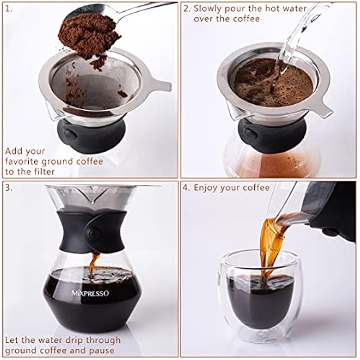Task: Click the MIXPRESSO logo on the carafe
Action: (x=90, y=293)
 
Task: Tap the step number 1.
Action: (x=9, y=9)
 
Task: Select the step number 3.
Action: (x=9, y=188)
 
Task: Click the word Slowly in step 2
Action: (x=207, y=9)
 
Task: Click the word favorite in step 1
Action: (x=22, y=161)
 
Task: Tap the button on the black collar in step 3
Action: (x=94, y=234)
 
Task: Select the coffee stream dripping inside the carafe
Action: (x=94, y=264)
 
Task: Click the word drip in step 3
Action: (x=73, y=341)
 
